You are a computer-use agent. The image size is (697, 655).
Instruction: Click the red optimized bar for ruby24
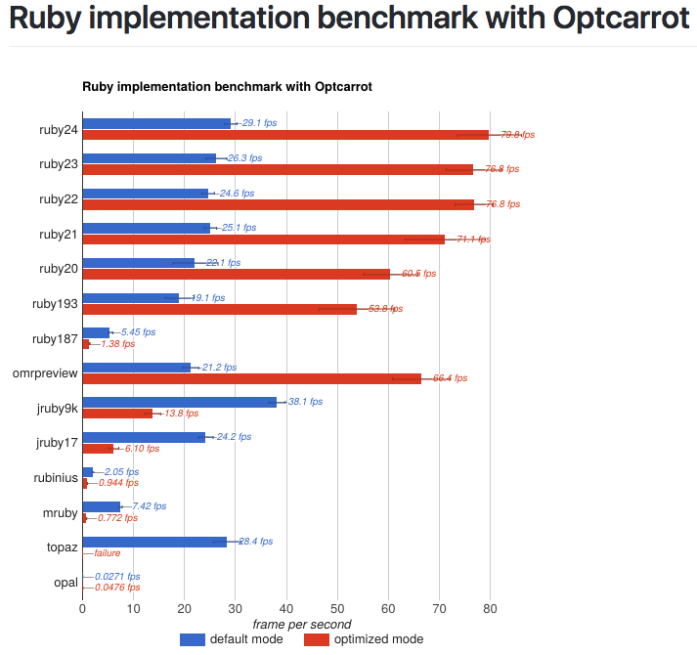[285, 135]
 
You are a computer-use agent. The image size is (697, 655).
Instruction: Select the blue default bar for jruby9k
[179, 402]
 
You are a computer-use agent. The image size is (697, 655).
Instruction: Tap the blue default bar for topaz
[154, 542]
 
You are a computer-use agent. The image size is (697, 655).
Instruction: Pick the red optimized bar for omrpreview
[251, 378]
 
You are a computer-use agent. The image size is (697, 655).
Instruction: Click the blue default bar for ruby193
[131, 297]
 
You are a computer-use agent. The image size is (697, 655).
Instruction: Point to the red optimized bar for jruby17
[98, 449]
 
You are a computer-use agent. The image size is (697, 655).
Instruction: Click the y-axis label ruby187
[55, 339]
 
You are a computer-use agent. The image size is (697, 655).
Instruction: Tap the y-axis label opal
[65, 583]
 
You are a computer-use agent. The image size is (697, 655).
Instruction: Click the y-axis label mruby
[61, 513]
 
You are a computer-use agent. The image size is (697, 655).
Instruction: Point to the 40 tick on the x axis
[286, 609]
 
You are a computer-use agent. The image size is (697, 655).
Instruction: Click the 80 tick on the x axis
[491, 609]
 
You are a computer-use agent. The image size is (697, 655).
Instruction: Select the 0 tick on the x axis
[83, 609]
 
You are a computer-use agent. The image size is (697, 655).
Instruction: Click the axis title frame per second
[301, 624]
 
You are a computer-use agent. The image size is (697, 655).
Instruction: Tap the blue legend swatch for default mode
[193, 639]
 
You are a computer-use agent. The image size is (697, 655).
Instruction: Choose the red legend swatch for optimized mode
[316, 639]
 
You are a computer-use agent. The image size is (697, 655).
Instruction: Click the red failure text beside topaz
[108, 553]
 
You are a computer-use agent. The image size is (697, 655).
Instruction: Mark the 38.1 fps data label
[305, 402]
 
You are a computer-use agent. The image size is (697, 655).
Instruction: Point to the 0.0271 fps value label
[117, 577]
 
